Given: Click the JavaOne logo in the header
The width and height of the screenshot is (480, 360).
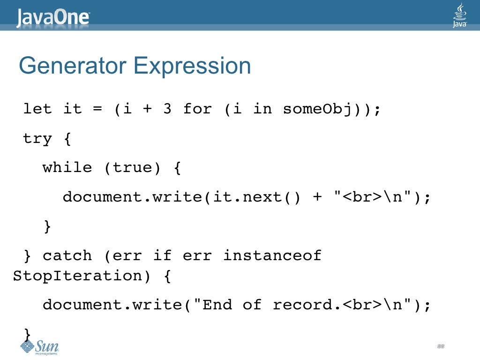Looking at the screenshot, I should click(53, 17).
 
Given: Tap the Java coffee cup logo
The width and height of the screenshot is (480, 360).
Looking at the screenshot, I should click(459, 15).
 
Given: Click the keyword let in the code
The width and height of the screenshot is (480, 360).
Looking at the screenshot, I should click(37, 109).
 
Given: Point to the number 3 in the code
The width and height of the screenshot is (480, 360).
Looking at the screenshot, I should click(167, 109).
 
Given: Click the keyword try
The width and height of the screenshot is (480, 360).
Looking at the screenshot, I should click(37, 139).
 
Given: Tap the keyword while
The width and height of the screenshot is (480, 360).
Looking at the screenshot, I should click(67, 168).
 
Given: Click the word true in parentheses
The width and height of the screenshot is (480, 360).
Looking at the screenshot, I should click(132, 168).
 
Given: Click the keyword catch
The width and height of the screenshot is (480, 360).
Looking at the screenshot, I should click(67, 256).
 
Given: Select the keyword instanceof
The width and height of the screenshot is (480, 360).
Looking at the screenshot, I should click(272, 256).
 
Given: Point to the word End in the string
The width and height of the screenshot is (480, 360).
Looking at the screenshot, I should click(217, 305).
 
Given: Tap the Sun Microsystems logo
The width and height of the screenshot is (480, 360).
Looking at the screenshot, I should click(40, 347).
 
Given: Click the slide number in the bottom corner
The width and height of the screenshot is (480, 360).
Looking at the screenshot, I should click(440, 346).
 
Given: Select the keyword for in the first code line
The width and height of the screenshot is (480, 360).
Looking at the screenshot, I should click(197, 109).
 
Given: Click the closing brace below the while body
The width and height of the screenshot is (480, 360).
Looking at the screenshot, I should click(47, 226).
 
